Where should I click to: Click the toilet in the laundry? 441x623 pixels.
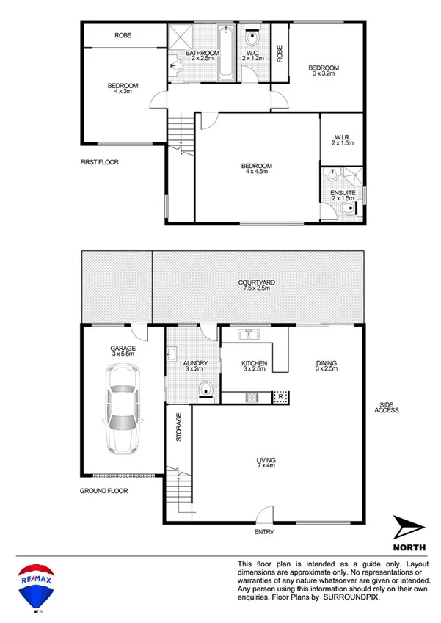pos(207,390)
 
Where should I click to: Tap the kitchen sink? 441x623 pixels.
pos(250,336)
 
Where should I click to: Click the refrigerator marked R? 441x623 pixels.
pos(280,397)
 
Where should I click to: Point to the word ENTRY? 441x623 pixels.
pos(264,531)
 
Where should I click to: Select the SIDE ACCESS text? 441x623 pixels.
pos(387,407)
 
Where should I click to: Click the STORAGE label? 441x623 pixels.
pos(179,426)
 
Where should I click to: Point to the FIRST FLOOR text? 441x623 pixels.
pos(100,162)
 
